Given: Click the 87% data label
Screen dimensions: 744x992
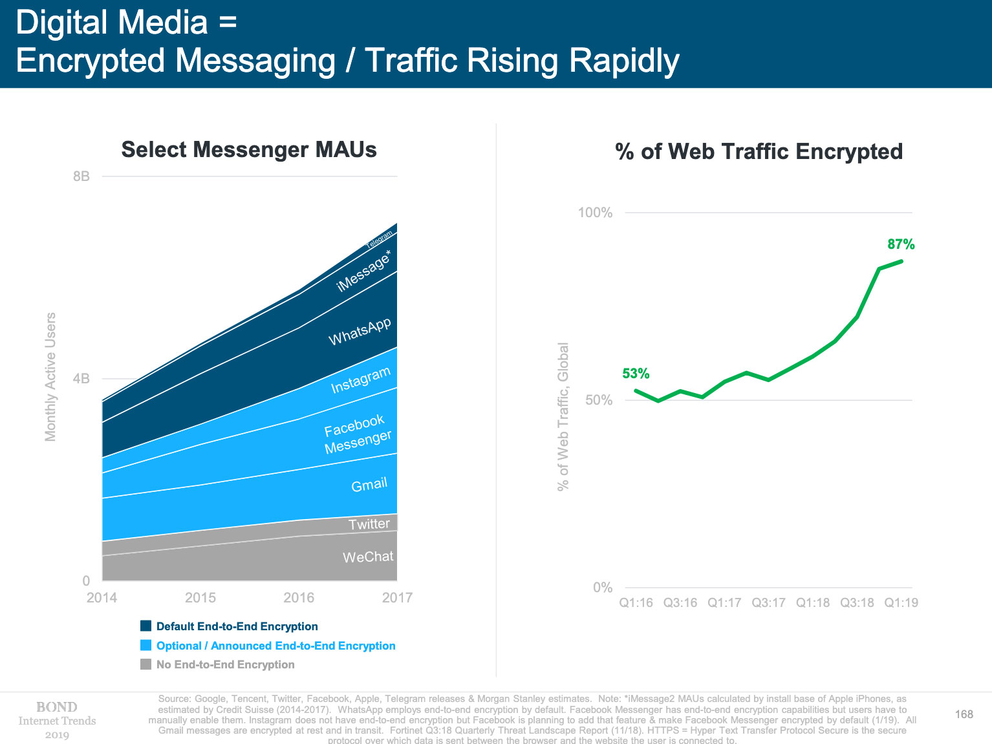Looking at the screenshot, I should [x=901, y=244].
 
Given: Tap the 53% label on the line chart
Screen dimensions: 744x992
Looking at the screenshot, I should [x=636, y=374].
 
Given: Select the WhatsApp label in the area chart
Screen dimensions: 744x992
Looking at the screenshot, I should [x=360, y=332].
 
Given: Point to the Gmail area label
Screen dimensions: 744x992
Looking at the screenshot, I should [x=369, y=485].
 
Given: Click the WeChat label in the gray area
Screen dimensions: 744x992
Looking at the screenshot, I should [x=368, y=557].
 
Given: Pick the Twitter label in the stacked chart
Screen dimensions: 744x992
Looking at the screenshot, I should [x=369, y=524].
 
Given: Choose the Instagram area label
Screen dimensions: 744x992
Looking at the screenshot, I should [x=361, y=380].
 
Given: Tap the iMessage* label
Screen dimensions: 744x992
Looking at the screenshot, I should [x=364, y=271].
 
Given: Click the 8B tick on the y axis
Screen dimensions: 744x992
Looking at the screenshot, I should [x=81, y=176].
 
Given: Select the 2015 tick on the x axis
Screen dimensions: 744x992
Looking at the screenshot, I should [x=200, y=598].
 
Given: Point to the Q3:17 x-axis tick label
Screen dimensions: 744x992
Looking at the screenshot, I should [x=768, y=603].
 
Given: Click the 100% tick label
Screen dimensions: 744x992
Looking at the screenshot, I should [x=595, y=213].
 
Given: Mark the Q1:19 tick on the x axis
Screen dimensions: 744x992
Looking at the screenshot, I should [x=901, y=603].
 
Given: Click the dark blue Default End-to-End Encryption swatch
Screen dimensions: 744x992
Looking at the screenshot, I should [x=146, y=626].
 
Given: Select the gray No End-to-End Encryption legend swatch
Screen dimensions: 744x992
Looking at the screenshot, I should [x=146, y=664].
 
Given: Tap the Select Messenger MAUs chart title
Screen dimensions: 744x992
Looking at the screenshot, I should [x=249, y=150].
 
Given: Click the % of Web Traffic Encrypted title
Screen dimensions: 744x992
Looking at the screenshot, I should [x=759, y=152].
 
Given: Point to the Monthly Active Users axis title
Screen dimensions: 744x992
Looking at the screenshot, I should [x=50, y=377].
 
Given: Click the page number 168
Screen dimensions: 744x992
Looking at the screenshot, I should [x=964, y=714].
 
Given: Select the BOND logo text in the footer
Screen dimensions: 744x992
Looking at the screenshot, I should [x=57, y=707].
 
